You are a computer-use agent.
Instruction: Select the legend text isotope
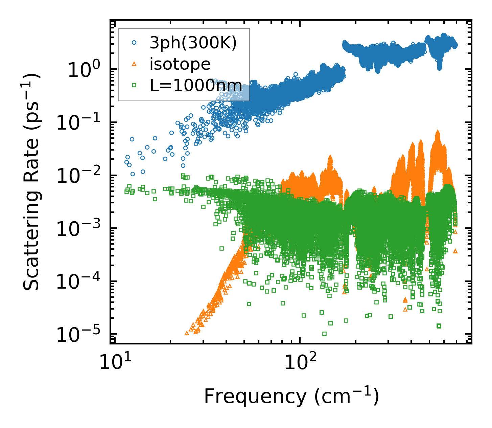pos(180,64)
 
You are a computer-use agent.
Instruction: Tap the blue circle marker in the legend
pos(134,43)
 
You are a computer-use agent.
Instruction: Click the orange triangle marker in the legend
pos(134,64)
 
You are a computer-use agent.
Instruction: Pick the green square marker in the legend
pos(134,85)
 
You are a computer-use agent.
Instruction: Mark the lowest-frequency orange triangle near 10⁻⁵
pos(187,333)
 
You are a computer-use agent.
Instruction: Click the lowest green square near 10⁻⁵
pos(324,334)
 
